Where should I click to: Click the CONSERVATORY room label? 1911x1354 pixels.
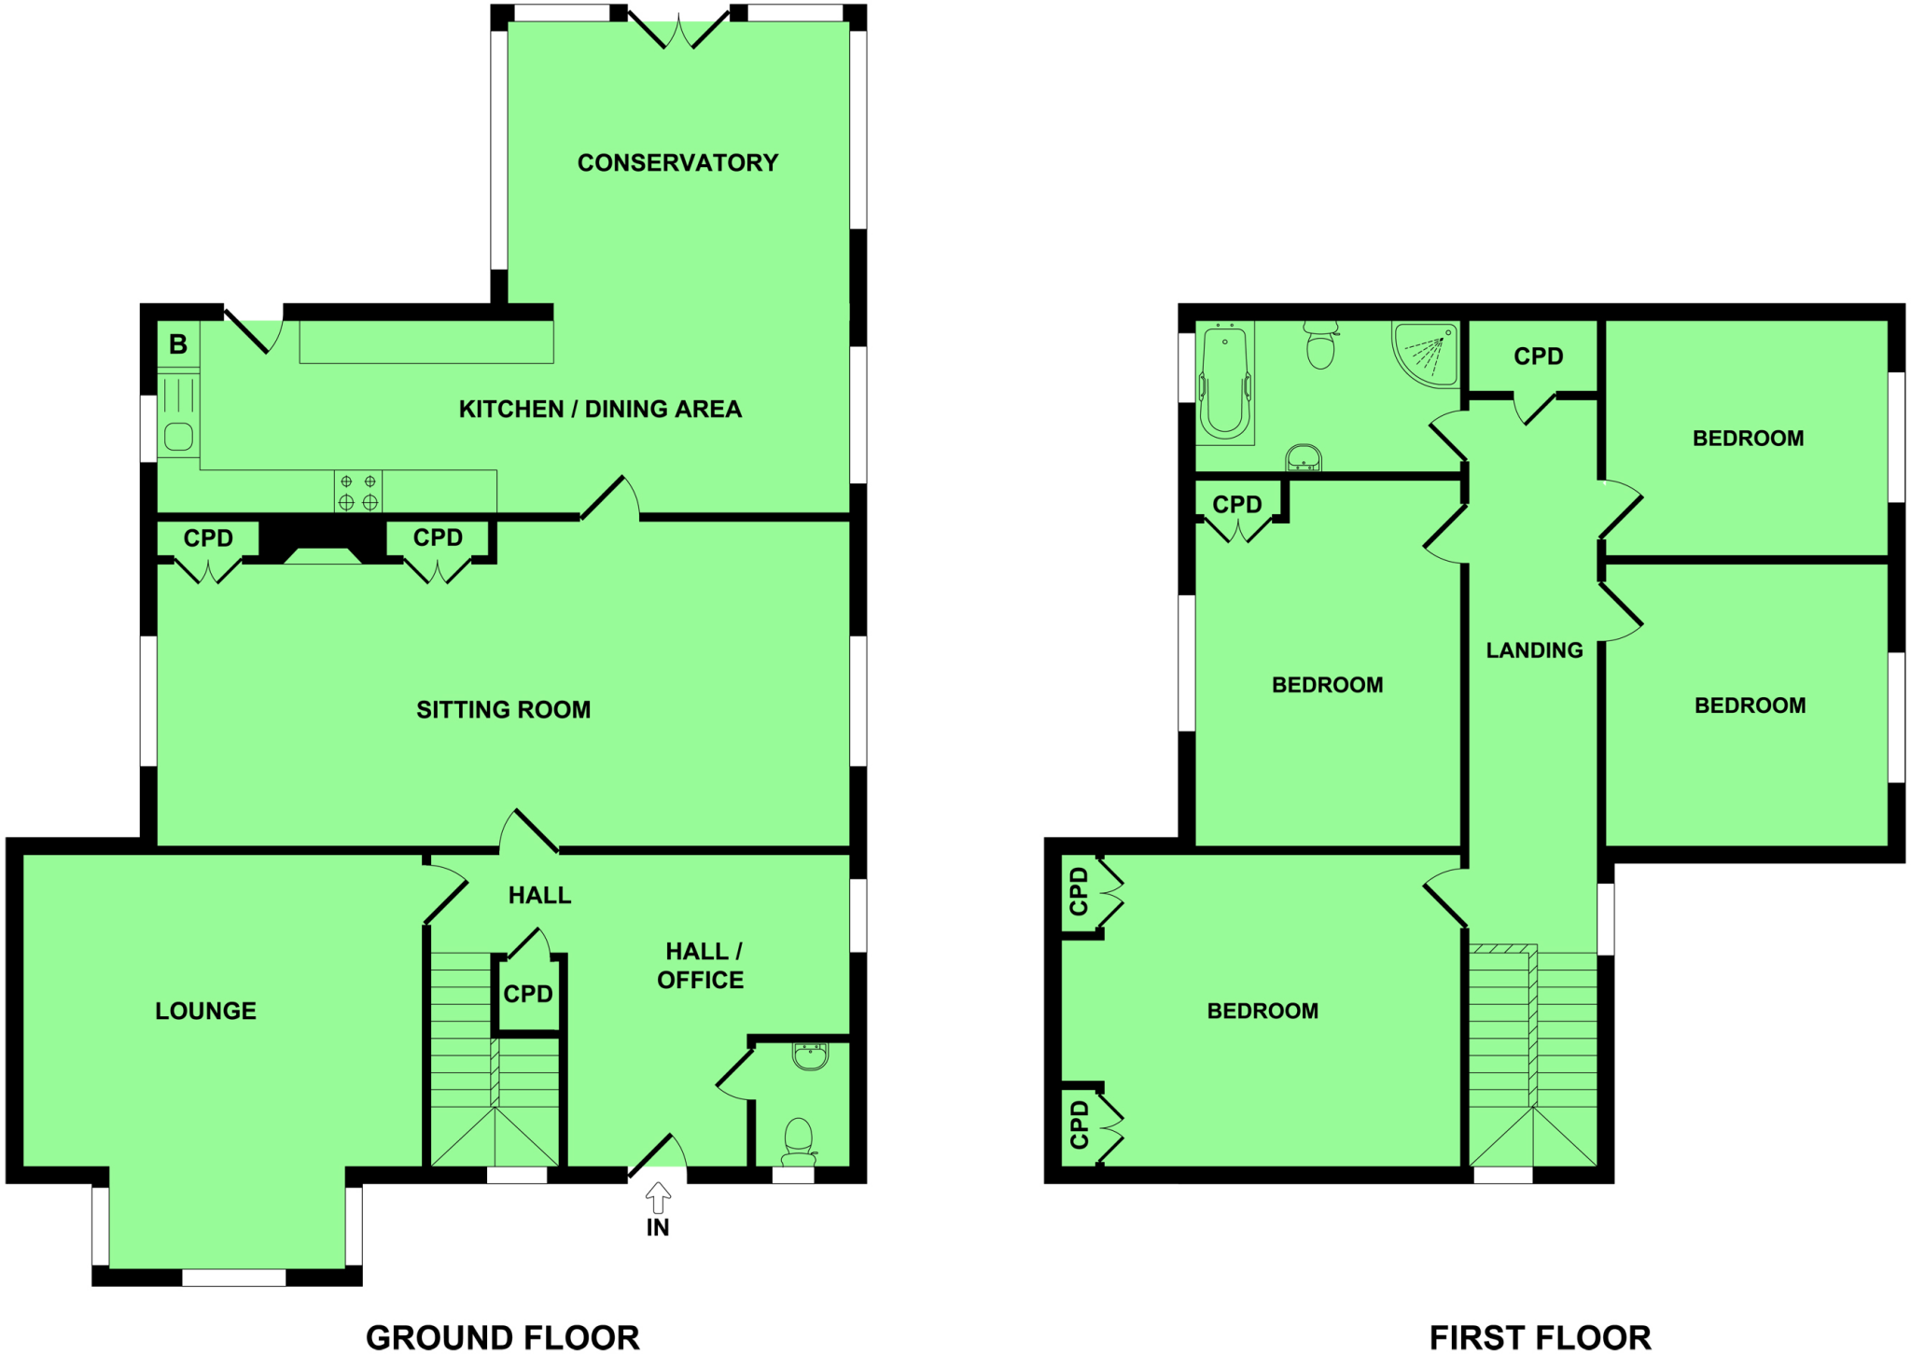click(677, 163)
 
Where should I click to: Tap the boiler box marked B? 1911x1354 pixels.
click(178, 344)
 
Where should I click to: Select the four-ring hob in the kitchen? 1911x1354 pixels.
click(358, 492)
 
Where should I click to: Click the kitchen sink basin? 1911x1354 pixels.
click(178, 436)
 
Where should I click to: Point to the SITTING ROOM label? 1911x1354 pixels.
click(503, 710)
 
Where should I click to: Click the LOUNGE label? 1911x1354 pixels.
click(205, 1011)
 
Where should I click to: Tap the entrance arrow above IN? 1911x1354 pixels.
click(658, 1196)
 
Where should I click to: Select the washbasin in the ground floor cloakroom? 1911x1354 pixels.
click(810, 1055)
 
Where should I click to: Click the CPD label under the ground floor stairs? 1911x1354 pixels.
click(528, 995)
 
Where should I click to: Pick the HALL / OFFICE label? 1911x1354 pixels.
click(701, 966)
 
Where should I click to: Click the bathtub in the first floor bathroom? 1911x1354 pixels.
click(1225, 383)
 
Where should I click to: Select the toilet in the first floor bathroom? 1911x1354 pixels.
click(1320, 346)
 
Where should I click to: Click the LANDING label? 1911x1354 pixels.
click(1534, 650)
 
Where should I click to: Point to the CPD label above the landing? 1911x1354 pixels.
click(1538, 356)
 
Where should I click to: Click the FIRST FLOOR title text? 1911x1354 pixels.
click(1540, 1337)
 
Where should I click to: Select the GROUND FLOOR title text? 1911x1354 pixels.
click(502, 1337)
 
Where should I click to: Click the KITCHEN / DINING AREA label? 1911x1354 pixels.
click(600, 410)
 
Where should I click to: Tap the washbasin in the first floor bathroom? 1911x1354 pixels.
click(1304, 457)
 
